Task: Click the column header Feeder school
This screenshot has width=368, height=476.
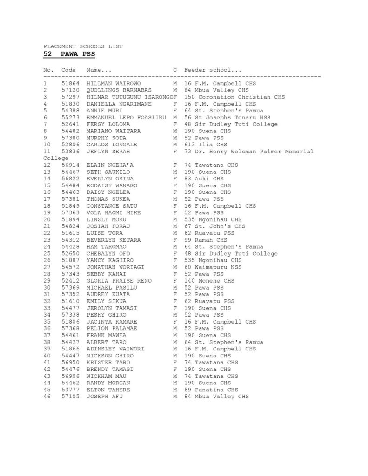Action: click(213, 70)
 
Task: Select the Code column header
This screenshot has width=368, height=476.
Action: click(69, 70)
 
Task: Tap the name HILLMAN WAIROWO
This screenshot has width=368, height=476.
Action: click(114, 83)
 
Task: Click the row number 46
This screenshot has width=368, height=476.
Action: click(47, 397)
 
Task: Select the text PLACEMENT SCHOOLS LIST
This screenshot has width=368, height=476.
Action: click(83, 46)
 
